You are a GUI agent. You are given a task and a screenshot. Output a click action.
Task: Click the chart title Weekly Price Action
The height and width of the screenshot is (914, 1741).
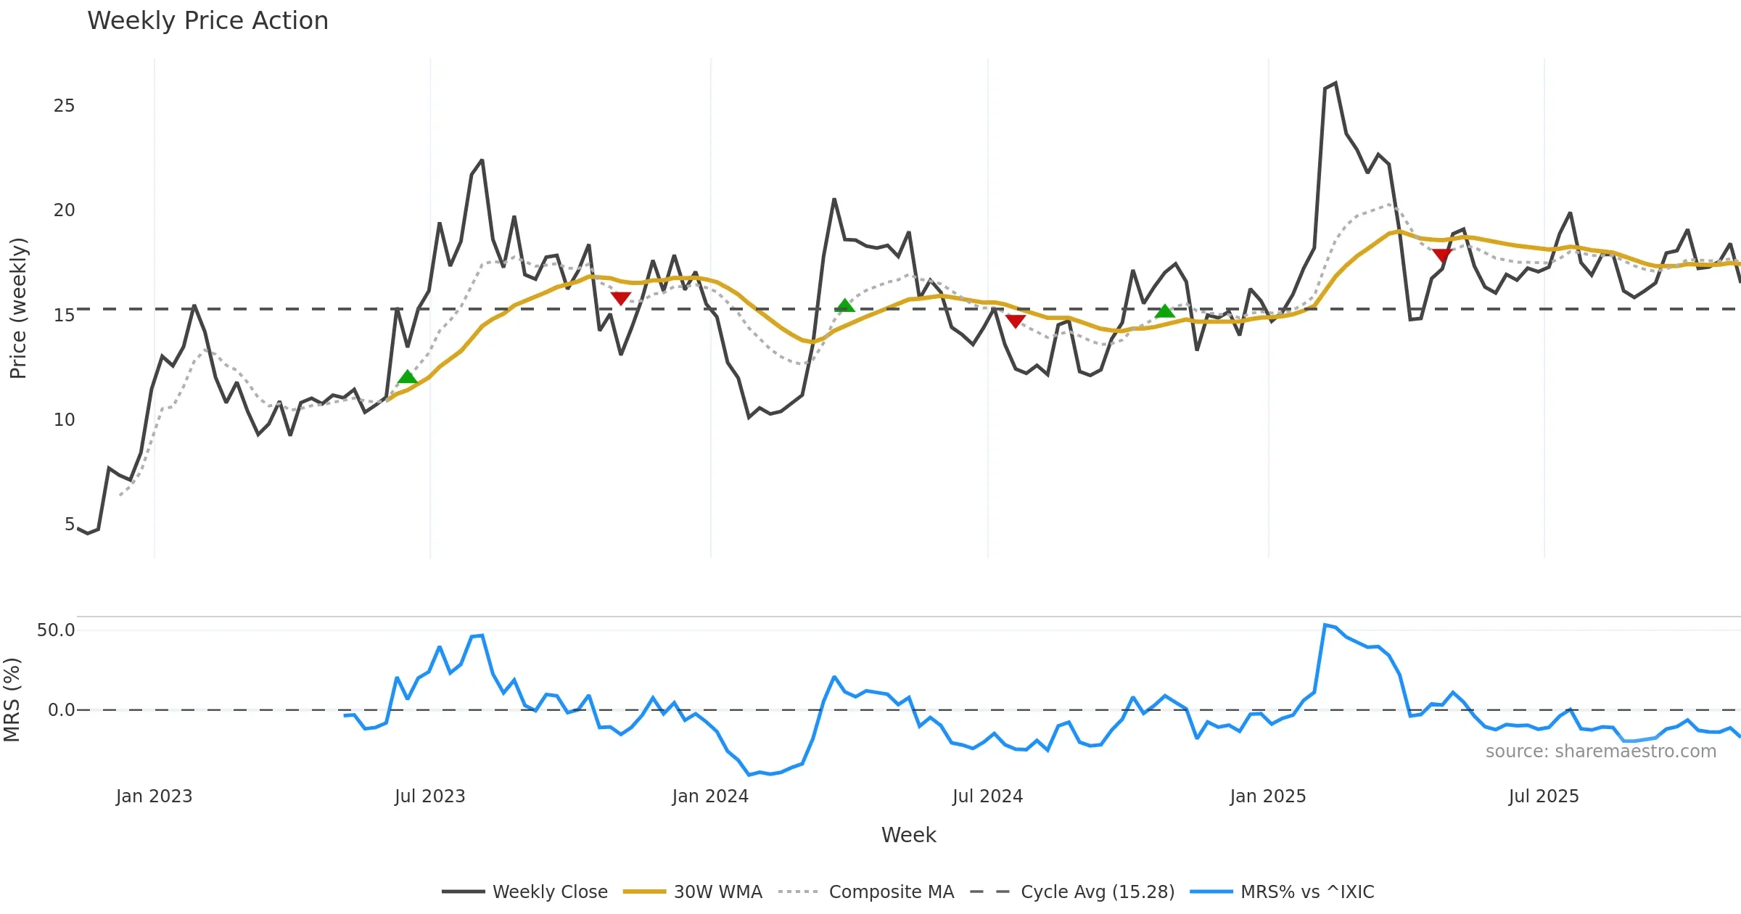click(207, 21)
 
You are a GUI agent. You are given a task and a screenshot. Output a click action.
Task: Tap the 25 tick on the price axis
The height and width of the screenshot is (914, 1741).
click(64, 106)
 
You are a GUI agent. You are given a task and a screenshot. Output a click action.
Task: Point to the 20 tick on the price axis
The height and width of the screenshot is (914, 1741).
click(64, 210)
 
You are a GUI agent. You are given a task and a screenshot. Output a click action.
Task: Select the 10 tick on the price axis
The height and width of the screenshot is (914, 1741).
click(64, 420)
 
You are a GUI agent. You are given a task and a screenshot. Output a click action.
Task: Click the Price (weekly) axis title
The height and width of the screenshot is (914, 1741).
click(18, 308)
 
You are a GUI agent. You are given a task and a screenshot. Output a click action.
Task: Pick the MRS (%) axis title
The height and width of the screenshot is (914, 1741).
click(12, 699)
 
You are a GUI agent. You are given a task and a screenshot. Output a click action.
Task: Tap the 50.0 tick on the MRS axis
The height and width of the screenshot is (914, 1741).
click(56, 630)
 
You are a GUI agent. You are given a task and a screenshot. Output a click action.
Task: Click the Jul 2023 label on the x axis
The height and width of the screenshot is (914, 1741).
click(429, 796)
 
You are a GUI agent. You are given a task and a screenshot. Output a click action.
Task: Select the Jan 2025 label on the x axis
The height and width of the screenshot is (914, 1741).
click(1267, 796)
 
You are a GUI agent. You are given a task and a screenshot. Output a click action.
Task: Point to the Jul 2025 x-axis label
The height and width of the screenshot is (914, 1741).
click(1543, 796)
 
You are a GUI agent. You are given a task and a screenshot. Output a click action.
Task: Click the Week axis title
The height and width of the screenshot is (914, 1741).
click(908, 836)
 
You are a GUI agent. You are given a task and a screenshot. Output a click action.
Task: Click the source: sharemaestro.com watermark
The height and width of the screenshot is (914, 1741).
click(1600, 752)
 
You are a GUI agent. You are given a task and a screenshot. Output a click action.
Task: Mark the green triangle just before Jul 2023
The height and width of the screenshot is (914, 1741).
click(408, 377)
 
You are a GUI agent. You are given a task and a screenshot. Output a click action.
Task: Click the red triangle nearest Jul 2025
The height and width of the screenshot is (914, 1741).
click(1442, 255)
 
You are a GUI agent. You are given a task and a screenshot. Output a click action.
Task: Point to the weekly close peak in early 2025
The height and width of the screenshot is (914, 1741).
click(1335, 83)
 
